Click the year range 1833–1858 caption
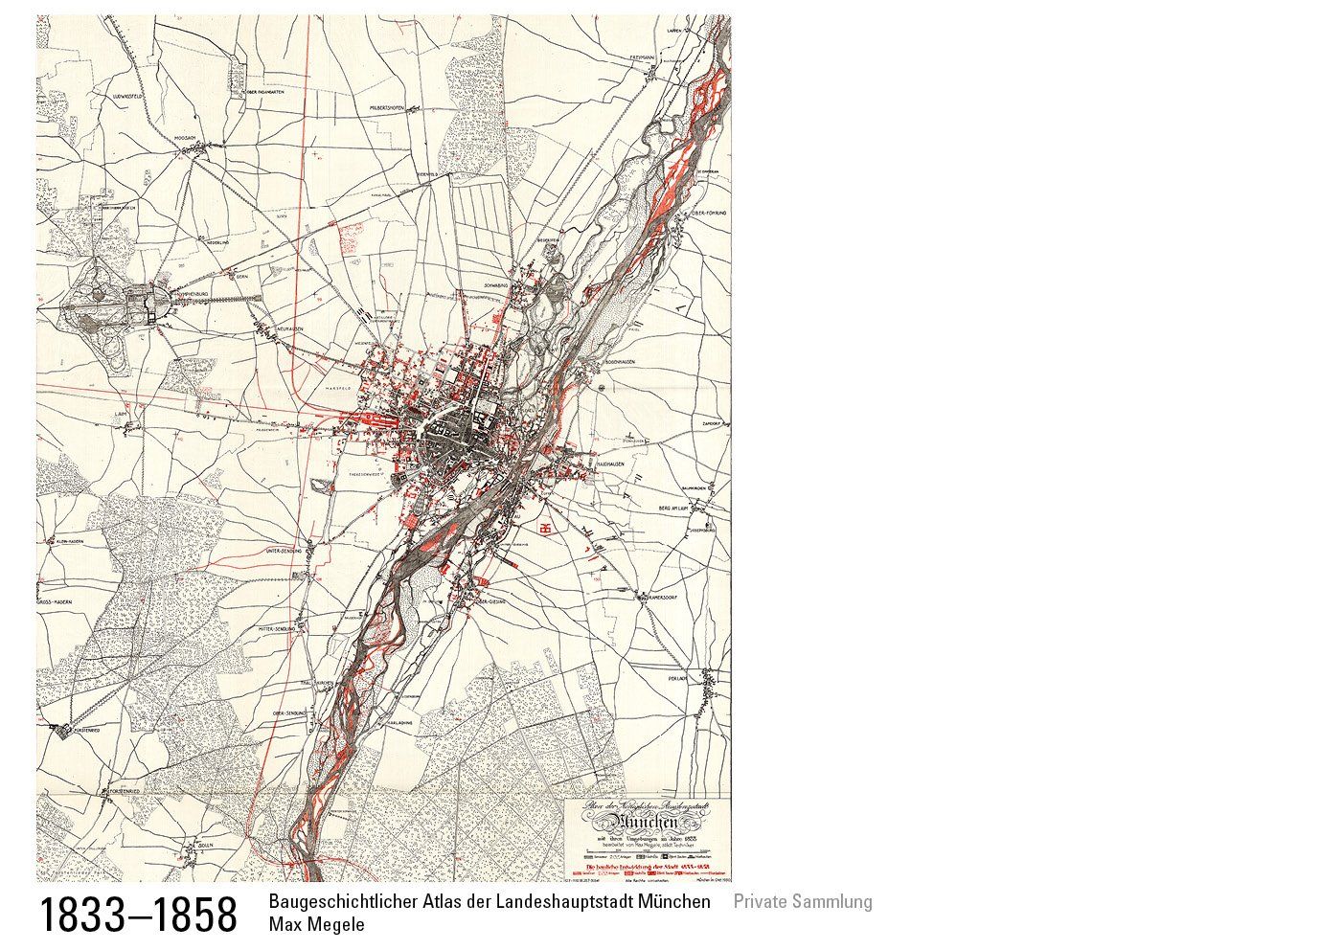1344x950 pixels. point(138,915)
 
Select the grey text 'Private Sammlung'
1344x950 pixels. point(803,901)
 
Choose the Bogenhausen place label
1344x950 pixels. point(624,364)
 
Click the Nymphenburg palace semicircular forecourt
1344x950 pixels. point(163,304)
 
